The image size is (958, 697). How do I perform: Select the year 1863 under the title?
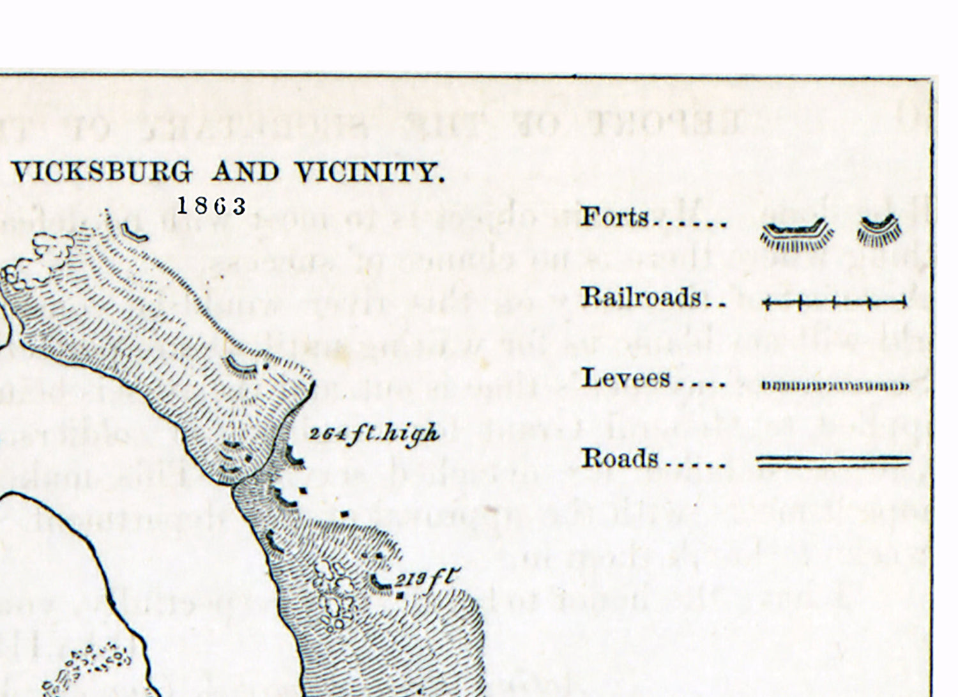pos(211,206)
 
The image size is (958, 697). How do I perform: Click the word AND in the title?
pos(245,172)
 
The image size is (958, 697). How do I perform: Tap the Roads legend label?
pos(619,458)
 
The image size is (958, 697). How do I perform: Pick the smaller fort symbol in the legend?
pos(879,231)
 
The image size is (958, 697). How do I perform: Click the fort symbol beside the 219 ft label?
pos(382,582)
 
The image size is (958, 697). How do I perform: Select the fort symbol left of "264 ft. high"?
pos(294,457)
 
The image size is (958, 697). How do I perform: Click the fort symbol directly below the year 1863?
pos(133,231)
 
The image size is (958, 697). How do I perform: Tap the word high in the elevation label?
pos(411,434)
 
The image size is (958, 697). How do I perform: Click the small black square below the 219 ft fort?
pos(400,596)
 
